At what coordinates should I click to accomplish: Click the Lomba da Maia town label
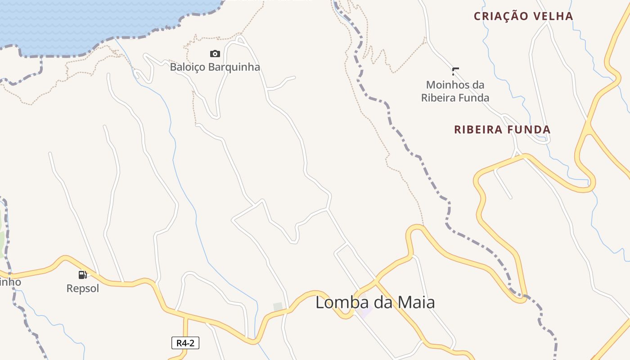click(375, 302)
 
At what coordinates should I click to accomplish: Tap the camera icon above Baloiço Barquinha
click(215, 54)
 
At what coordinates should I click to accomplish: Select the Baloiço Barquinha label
click(215, 67)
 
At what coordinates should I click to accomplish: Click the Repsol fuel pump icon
click(82, 275)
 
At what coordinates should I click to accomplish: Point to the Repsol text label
click(82, 288)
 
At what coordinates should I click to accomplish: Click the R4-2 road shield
click(185, 343)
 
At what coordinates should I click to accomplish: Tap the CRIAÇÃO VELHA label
click(523, 16)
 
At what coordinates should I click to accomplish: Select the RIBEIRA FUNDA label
click(502, 130)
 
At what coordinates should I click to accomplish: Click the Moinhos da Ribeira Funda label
click(455, 91)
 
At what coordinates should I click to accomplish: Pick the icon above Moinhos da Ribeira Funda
click(455, 71)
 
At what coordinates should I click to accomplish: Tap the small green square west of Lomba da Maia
click(278, 307)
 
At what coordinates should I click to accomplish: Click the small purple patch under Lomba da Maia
click(364, 312)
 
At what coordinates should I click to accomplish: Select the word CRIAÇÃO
click(501, 16)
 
